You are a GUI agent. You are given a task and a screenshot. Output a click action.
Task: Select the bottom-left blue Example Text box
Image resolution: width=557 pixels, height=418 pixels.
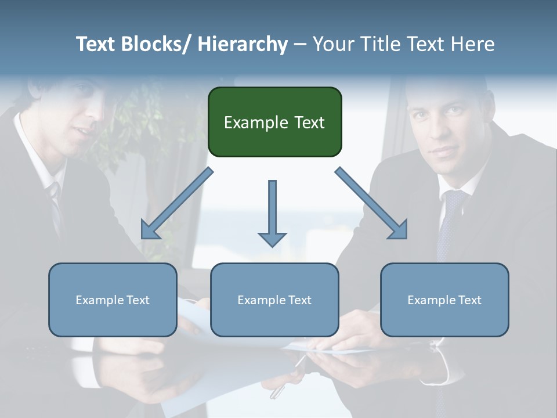click(113, 300)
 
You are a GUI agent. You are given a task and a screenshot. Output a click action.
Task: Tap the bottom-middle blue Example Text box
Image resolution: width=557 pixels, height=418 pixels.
click(274, 300)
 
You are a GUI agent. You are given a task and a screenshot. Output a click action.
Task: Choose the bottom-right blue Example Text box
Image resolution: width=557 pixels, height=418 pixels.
click(444, 300)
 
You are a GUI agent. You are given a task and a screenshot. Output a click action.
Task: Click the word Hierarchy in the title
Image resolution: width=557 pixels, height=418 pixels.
click(243, 44)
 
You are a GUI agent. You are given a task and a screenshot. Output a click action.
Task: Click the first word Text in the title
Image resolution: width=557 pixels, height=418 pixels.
click(98, 44)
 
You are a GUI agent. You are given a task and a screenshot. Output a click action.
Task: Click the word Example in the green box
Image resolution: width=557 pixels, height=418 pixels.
click(251, 122)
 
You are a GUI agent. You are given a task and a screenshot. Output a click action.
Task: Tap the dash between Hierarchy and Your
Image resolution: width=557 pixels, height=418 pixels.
click(301, 45)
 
